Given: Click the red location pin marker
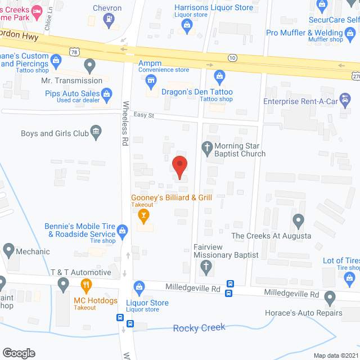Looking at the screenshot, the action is [179, 166].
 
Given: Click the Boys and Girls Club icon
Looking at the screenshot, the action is [96, 133].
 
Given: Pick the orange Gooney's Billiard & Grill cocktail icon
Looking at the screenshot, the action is [144, 215].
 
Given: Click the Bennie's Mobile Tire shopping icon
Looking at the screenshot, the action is [123, 229].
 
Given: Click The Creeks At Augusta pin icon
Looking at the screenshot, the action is [298, 220].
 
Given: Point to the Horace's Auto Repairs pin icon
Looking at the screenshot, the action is [330, 297].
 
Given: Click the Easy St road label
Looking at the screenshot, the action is [144, 115].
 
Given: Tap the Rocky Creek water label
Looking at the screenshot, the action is [199, 327].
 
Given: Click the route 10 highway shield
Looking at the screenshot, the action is [232, 57].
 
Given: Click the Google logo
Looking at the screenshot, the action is [18, 353].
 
